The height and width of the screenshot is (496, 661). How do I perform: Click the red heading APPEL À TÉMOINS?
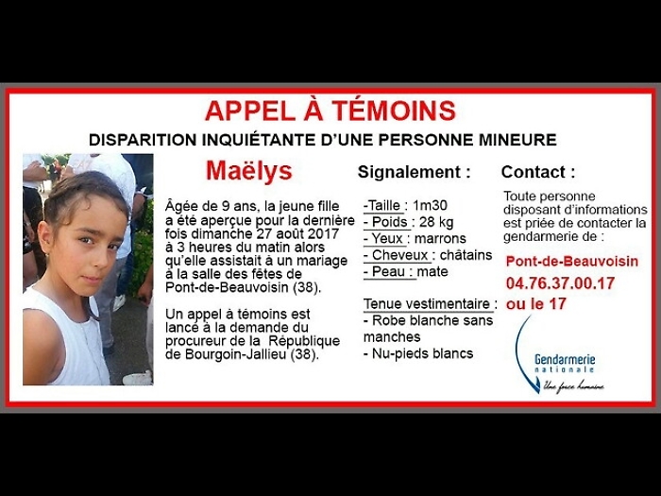tap(330, 111)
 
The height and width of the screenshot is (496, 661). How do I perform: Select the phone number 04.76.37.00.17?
tap(561, 282)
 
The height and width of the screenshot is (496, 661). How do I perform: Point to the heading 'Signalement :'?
tap(415, 172)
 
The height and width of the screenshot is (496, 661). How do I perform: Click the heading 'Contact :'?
tap(538, 172)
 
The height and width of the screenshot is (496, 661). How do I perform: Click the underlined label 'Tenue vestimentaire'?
tap(428, 304)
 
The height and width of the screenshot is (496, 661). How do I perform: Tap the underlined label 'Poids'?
tap(388, 221)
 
